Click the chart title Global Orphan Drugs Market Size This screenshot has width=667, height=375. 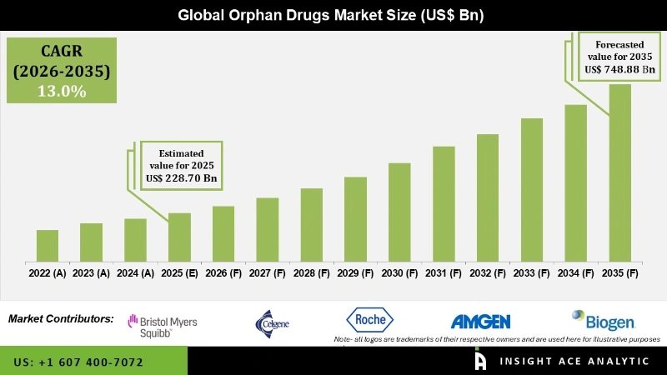tap(333, 16)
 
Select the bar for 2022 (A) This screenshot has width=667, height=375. tap(48, 245)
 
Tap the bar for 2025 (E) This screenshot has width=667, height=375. tap(179, 237)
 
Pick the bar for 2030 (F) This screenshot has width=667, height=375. tap(399, 212)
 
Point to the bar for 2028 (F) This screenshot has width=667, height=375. tap(311, 224)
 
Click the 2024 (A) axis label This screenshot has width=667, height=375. tap(135, 273)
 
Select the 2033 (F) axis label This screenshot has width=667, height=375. tap(532, 273)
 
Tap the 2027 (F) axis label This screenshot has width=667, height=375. tap(268, 273)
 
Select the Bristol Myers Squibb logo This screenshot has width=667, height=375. tap(162, 325)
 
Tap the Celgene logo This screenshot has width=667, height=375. tap(274, 322)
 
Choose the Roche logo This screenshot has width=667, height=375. tap(369, 320)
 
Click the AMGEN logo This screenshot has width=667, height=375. tap(480, 322)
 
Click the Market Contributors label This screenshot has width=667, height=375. tap(61, 318)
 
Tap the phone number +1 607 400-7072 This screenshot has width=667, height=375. tap(78, 362)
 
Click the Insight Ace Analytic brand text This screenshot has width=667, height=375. tap(574, 361)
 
